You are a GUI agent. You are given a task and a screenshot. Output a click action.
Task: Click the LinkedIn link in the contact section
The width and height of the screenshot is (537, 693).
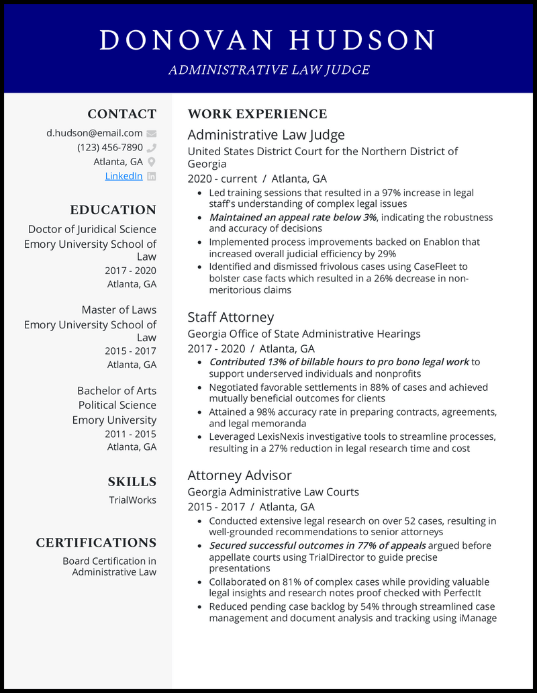point(124,176)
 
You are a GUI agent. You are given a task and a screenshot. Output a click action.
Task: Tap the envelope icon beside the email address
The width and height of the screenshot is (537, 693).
point(151,134)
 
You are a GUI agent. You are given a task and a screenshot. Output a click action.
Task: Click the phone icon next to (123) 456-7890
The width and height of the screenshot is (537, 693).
point(151,148)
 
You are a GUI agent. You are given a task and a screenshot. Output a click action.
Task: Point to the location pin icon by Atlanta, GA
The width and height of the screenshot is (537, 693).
point(151,162)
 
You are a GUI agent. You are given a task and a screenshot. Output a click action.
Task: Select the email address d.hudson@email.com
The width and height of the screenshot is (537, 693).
point(94,133)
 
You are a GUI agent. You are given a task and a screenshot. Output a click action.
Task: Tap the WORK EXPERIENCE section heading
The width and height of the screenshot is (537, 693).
point(257,114)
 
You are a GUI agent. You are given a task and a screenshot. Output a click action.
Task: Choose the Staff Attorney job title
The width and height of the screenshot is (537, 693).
point(231,317)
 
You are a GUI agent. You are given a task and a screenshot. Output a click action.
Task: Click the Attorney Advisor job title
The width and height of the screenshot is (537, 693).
point(240,475)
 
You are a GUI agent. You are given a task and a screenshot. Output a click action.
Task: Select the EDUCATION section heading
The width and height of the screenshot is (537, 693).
point(113,210)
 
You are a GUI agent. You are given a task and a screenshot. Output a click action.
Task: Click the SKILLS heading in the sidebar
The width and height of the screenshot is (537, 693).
point(132,481)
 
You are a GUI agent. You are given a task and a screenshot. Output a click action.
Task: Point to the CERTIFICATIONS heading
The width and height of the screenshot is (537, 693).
point(96,543)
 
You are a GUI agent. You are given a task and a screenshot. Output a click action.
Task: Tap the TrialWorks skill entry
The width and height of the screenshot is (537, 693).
point(132,500)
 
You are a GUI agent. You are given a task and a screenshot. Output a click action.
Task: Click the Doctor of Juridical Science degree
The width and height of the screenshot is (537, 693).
point(92,229)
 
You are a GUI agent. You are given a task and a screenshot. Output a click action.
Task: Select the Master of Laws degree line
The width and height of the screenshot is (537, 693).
point(119,310)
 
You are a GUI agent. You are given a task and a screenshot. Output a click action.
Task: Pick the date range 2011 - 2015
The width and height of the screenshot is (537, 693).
point(130,434)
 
